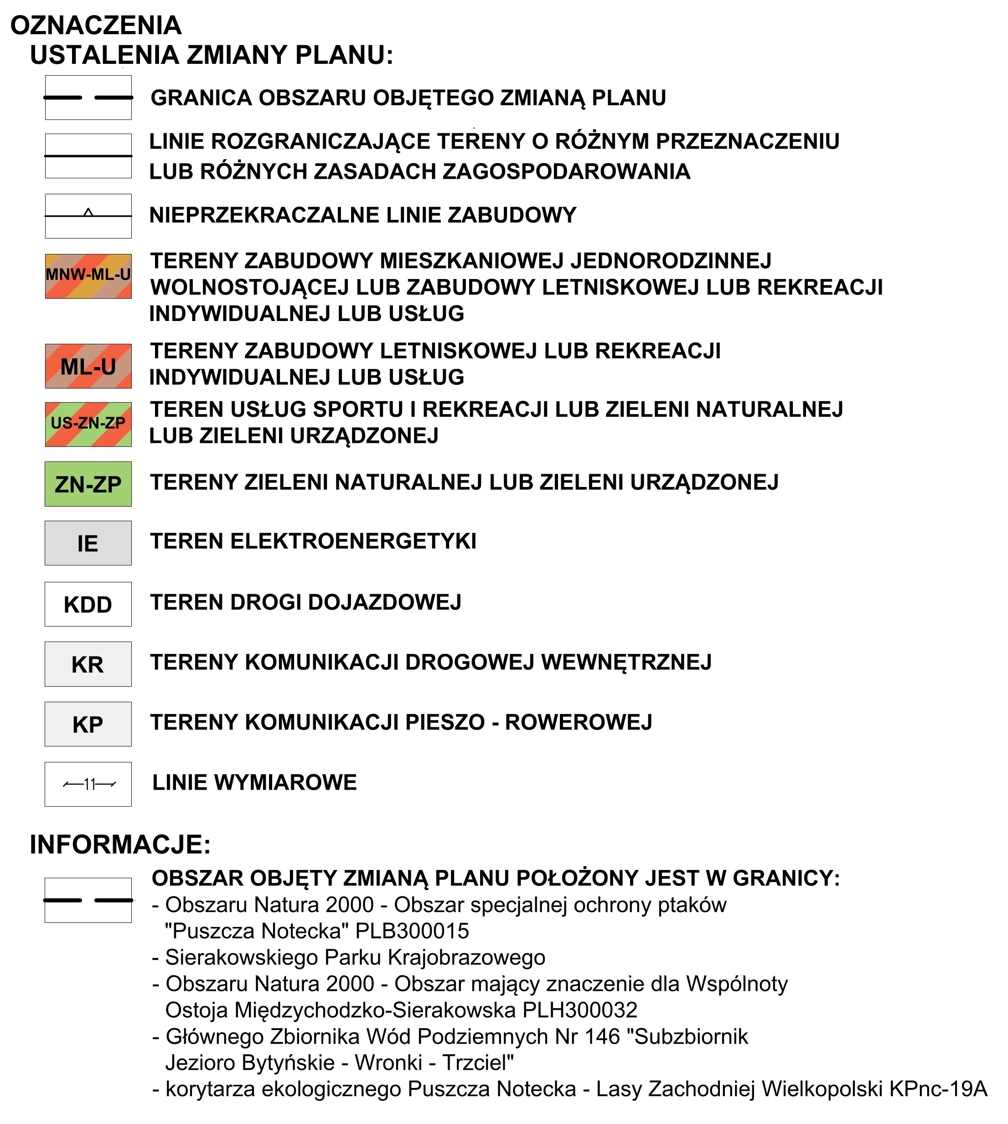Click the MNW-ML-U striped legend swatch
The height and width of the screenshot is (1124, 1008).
(x=88, y=276)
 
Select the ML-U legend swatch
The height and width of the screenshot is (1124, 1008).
(x=88, y=366)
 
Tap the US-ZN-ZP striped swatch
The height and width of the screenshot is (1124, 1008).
(x=88, y=425)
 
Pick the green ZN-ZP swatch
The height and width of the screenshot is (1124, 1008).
(x=88, y=484)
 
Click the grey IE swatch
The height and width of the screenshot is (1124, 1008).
(x=88, y=543)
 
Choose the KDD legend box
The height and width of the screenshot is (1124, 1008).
(x=88, y=604)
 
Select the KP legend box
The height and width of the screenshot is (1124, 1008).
(x=88, y=724)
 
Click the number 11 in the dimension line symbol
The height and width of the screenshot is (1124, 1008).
(x=90, y=784)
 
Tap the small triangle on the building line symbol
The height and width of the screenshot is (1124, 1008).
(x=88, y=212)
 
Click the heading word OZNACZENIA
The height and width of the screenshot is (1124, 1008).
(x=96, y=26)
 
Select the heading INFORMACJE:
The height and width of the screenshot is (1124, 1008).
(x=120, y=845)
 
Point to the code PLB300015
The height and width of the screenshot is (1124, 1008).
(x=412, y=931)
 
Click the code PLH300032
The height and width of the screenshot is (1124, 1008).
(x=580, y=1010)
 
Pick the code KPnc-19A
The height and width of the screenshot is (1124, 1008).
(x=938, y=1088)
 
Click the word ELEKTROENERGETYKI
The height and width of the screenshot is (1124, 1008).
(x=353, y=541)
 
